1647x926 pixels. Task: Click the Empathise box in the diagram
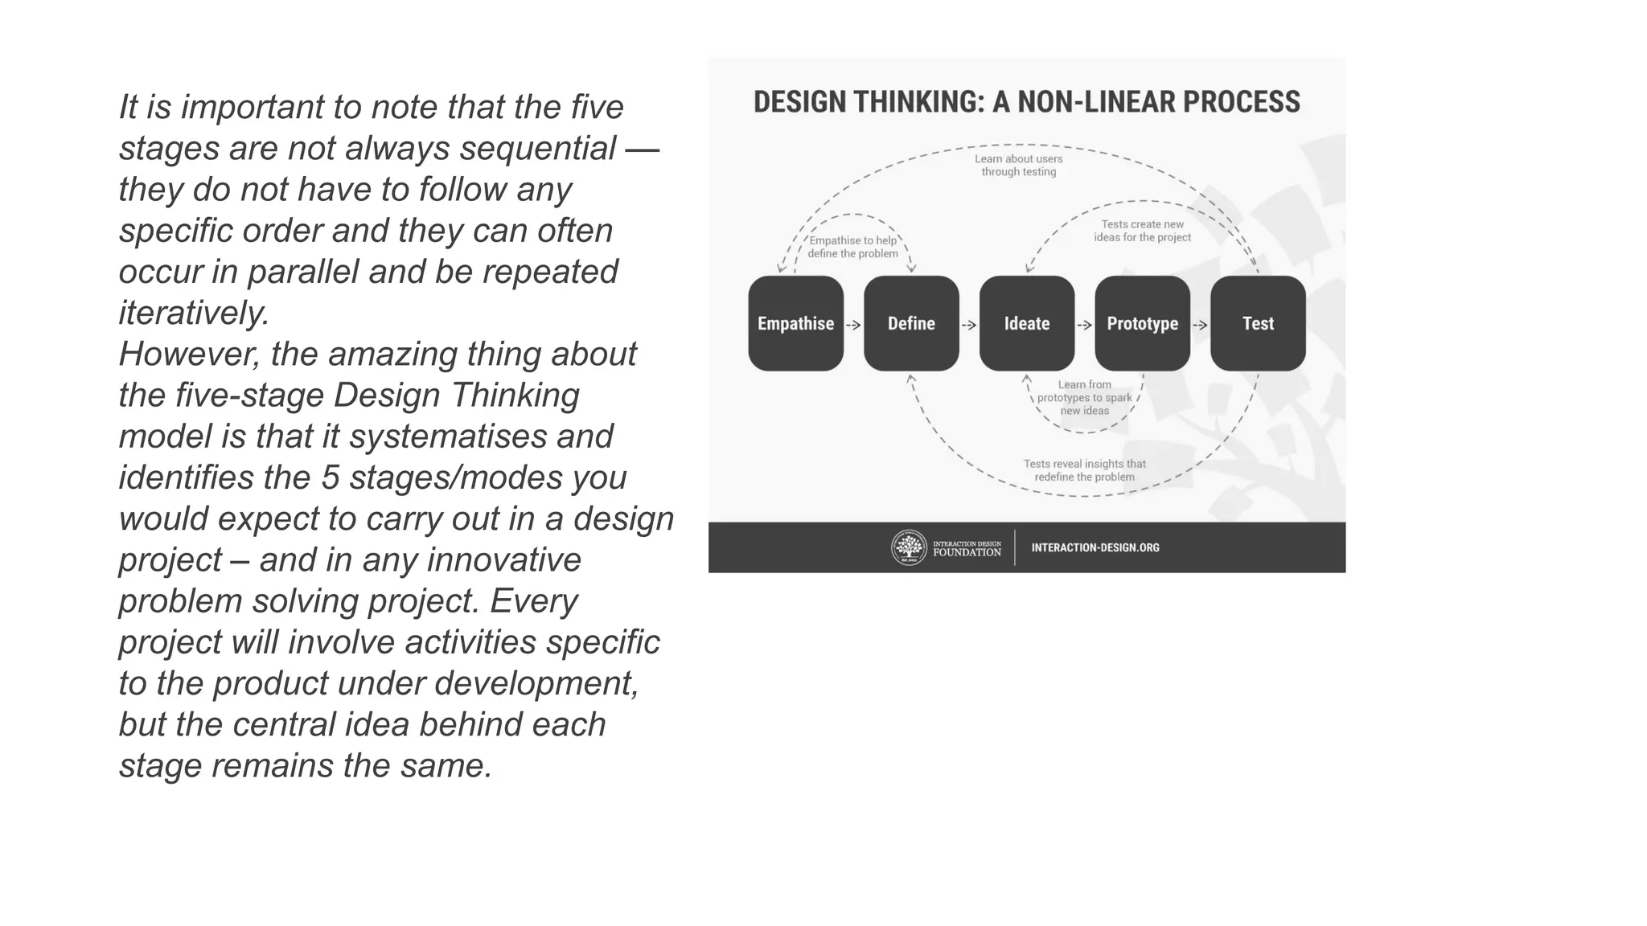[795, 323]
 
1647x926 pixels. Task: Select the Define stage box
[911, 323]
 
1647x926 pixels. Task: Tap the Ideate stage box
[1027, 323]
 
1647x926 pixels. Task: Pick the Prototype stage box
[1142, 323]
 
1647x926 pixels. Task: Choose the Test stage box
[1258, 323]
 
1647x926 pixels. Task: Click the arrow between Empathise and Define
[853, 325]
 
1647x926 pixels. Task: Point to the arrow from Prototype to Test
[1200, 325]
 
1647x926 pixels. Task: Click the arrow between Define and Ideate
[969, 325]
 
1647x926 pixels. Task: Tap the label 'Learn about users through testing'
[1019, 165]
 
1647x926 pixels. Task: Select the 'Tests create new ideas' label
[1142, 231]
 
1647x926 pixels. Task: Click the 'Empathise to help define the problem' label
[852, 247]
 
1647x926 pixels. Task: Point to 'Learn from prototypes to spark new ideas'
[1084, 397]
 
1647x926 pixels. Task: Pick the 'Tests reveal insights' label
[1084, 470]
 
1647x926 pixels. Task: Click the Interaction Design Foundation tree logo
[909, 547]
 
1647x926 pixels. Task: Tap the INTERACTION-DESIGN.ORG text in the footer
[1095, 547]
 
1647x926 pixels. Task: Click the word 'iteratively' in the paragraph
[193, 313]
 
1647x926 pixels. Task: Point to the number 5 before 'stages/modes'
[330, 477]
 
